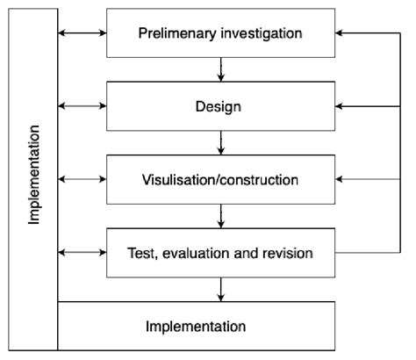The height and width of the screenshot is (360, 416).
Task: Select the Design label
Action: [x=219, y=106]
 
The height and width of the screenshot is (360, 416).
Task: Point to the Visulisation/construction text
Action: [x=219, y=180]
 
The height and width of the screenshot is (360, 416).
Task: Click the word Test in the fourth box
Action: [x=142, y=254]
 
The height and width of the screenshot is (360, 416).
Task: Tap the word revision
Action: [x=287, y=254]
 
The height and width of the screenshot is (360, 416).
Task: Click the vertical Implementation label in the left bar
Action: [x=34, y=175]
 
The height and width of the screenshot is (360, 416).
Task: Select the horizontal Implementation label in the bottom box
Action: [x=195, y=327]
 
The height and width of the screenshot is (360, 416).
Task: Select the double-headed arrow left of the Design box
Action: [x=82, y=106]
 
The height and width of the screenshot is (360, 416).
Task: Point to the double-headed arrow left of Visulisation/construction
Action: [x=82, y=180]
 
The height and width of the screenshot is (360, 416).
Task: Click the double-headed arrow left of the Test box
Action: [x=82, y=254]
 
